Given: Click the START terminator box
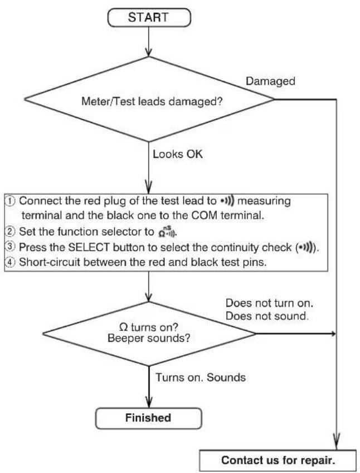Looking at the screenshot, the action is point(149,17).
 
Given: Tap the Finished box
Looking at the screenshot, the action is point(148,418).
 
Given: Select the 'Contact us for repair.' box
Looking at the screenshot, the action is point(278,460).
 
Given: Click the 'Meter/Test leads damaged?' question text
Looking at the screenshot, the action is point(152,102).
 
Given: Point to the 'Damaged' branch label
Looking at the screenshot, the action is point(270,81).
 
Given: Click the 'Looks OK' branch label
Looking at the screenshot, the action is point(178,154).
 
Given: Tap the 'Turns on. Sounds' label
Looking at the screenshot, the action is point(201,378).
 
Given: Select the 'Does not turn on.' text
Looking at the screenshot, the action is point(269,303).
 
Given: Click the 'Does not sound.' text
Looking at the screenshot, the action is point(267,316).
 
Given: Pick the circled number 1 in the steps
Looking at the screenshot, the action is point(11,201).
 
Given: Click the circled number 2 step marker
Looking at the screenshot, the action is point(11,231).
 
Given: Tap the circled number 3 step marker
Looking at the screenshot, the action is point(11,247).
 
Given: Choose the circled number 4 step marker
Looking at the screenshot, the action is point(11,262).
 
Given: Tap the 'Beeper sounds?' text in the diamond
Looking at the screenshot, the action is point(149,338).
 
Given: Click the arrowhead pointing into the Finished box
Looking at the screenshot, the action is point(148,402).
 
